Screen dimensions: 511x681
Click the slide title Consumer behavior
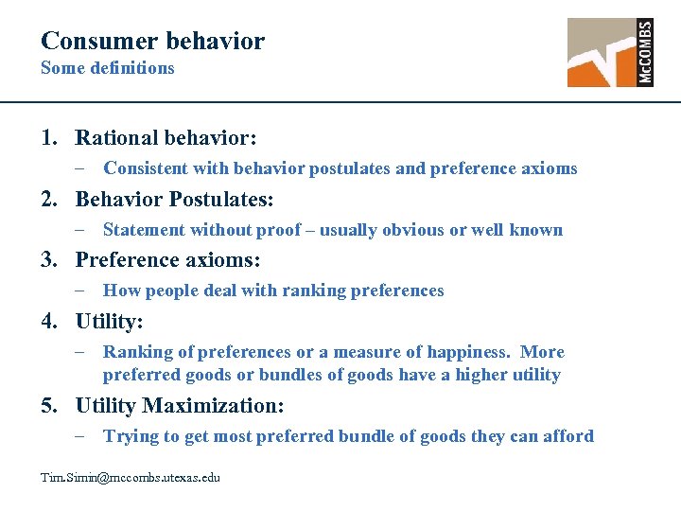click(x=152, y=41)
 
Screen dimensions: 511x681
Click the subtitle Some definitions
click(x=107, y=68)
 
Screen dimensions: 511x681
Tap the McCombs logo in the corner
click(x=609, y=53)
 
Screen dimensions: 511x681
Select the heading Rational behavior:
click(x=166, y=138)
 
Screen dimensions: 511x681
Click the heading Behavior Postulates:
click(x=174, y=200)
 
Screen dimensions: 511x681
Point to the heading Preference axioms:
click(x=167, y=260)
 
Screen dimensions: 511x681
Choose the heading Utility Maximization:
click(x=180, y=406)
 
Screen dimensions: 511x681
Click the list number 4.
click(x=47, y=322)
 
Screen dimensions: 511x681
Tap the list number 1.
click(x=47, y=138)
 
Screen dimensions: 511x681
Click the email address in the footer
click(x=130, y=478)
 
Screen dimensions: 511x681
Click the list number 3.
click(x=47, y=260)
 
